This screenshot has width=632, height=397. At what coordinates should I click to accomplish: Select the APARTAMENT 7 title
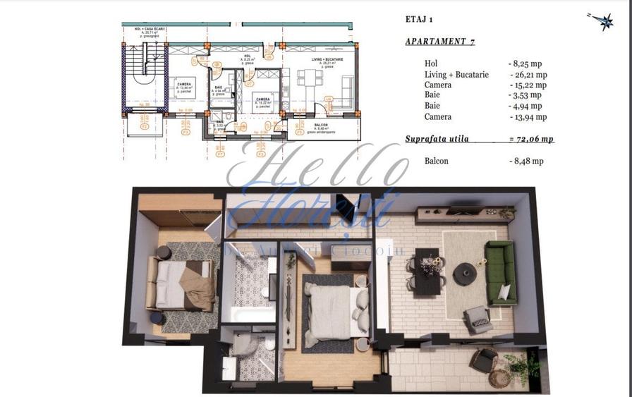[439, 42]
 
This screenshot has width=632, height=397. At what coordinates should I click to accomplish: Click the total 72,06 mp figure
[531, 140]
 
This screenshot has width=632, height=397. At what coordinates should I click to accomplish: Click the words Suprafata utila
[437, 140]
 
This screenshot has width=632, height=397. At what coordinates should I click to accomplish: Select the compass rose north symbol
[605, 22]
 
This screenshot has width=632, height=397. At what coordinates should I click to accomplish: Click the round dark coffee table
[465, 273]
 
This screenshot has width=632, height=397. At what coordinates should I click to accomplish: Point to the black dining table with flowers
[427, 271]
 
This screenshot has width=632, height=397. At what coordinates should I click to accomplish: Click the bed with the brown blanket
[181, 283]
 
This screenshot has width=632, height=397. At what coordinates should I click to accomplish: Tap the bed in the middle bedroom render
[333, 311]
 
